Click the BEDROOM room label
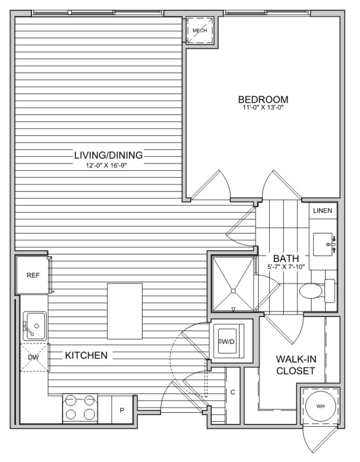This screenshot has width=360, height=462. (x=263, y=100)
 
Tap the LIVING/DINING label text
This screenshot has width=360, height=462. (x=108, y=155)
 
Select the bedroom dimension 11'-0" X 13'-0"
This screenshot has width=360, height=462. (x=263, y=108)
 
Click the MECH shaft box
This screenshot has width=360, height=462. (x=200, y=30)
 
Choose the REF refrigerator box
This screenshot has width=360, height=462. (x=33, y=275)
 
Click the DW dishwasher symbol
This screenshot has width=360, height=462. (x=34, y=358)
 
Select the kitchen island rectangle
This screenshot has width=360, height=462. (x=125, y=311)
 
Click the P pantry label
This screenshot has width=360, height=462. (x=122, y=410)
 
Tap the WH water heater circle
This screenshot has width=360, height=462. (x=320, y=406)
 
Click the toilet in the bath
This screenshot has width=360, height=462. (x=317, y=291)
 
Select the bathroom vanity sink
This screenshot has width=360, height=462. (x=323, y=245)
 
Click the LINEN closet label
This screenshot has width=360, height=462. (x=323, y=211)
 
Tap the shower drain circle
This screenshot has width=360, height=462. (x=233, y=291)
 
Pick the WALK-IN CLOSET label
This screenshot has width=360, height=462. (x=295, y=365)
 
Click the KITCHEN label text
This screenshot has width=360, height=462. (x=87, y=355)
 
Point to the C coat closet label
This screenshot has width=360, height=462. (x=232, y=392)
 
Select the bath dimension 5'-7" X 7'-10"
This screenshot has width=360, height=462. (x=286, y=267)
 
